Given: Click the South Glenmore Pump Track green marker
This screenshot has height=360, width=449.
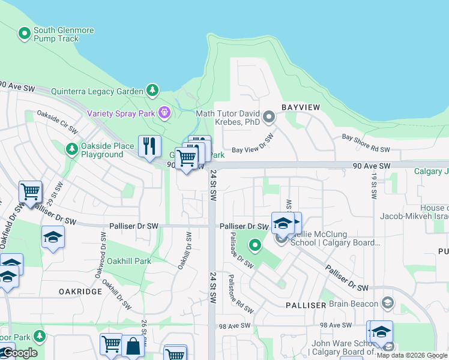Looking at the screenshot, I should click(25, 34).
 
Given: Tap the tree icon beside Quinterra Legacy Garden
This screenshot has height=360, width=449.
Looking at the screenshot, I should click(153, 91).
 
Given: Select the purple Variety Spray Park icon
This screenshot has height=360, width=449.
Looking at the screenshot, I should click(164, 113).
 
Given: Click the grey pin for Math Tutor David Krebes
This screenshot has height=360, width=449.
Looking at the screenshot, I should click(269, 116).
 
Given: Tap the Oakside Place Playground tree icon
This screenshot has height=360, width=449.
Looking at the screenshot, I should click(72, 148).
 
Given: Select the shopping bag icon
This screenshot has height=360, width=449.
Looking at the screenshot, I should click(133, 347).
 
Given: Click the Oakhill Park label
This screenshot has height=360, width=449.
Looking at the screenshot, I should click(128, 261).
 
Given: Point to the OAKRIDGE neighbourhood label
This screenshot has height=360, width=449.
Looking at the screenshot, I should click(80, 291).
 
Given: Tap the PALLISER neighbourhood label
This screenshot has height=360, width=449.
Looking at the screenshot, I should click(305, 305).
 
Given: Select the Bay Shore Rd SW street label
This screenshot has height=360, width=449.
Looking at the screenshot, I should click(366, 144).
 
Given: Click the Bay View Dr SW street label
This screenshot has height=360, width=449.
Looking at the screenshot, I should click(253, 143).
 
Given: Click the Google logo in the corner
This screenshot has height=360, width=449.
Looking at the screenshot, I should click(20, 353).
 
